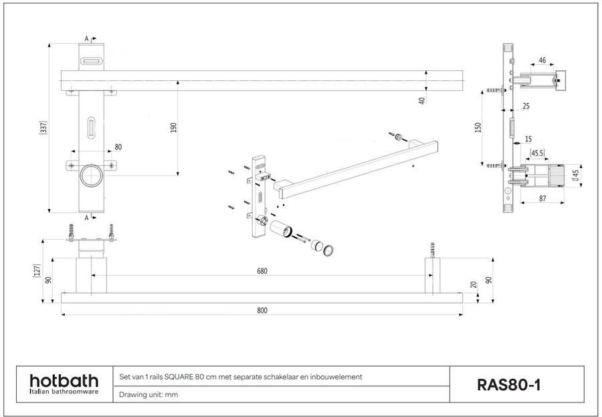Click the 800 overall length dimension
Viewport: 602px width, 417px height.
pyautogui.click(x=262, y=310)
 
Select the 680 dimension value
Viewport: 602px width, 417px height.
pyautogui.click(x=262, y=271)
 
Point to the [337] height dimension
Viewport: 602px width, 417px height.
pyautogui.click(x=43, y=127)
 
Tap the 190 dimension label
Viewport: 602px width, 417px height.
pyautogui.click(x=173, y=128)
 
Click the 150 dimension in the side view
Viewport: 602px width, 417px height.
pyautogui.click(x=478, y=127)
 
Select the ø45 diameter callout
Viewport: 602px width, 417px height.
pyautogui.click(x=576, y=175)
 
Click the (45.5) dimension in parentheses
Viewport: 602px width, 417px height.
pyautogui.click(x=536, y=153)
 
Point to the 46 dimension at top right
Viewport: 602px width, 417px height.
pyautogui.click(x=542, y=60)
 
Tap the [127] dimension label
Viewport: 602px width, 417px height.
pyautogui.click(x=37, y=270)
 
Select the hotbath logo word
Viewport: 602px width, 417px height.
pyautogui.click(x=64, y=380)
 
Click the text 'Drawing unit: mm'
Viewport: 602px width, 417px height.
pyautogui.click(x=148, y=395)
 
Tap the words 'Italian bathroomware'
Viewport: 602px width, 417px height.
pyautogui.click(x=64, y=392)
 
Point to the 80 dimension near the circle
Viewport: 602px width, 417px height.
pyautogui.click(x=118, y=147)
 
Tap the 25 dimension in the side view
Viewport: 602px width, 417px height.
pyautogui.click(x=526, y=106)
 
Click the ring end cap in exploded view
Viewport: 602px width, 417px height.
pyautogui.click(x=329, y=252)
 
